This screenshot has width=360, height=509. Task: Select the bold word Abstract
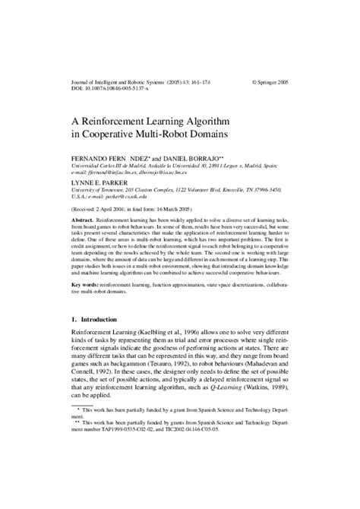point(84,218)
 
